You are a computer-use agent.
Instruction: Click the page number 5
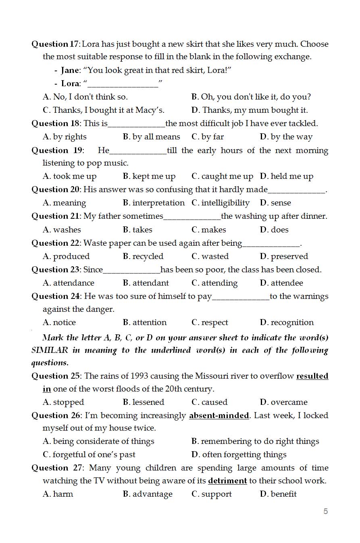(x=325, y=511)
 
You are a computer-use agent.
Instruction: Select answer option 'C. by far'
(x=208, y=137)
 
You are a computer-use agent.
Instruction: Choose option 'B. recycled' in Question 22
(x=143, y=256)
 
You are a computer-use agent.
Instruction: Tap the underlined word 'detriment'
(x=227, y=481)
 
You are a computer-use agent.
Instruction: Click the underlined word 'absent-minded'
(x=219, y=415)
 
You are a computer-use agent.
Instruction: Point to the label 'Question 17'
(x=55, y=44)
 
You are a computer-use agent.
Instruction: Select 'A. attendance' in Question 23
(x=69, y=283)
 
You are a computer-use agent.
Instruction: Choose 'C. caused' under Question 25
(x=210, y=402)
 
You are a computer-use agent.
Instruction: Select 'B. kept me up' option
(x=149, y=176)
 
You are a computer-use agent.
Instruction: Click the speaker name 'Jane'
(x=70, y=70)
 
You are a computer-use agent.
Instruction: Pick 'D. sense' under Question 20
(x=275, y=203)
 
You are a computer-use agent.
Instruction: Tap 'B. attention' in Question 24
(x=145, y=322)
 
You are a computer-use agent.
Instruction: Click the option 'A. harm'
(x=58, y=494)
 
